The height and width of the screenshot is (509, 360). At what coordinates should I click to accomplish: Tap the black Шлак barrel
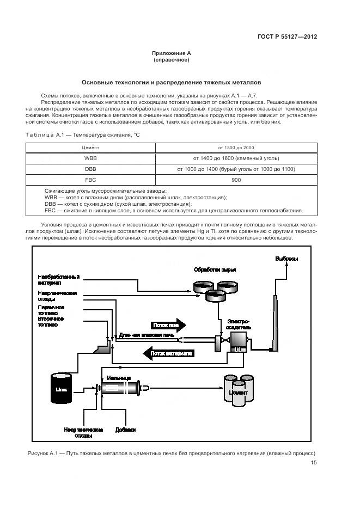pyautogui.click(x=62, y=388)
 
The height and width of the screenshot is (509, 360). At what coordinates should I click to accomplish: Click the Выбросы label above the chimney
pyautogui.click(x=286, y=259)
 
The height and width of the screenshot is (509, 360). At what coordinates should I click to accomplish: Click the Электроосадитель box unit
pyautogui.click(x=237, y=342)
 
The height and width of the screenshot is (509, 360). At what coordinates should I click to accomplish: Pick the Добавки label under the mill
pyautogui.click(x=125, y=428)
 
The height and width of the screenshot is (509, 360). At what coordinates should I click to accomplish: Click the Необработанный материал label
pyautogui.click(x=58, y=279)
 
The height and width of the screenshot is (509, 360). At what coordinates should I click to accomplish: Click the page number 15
pyautogui.click(x=314, y=463)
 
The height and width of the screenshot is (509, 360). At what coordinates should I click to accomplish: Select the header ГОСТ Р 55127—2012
pyautogui.click(x=287, y=36)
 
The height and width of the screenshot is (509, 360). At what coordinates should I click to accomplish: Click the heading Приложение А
pyautogui.click(x=172, y=53)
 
